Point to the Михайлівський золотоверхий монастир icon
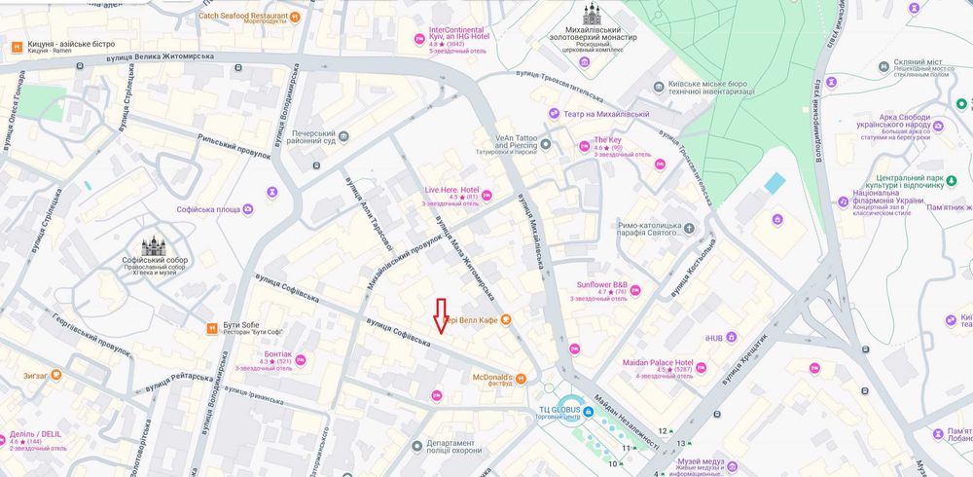tap(592, 15)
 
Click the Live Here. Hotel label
tap(451, 190)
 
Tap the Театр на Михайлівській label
tap(605, 114)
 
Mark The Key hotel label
tap(608, 140)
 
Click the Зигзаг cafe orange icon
tap(56, 374)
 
